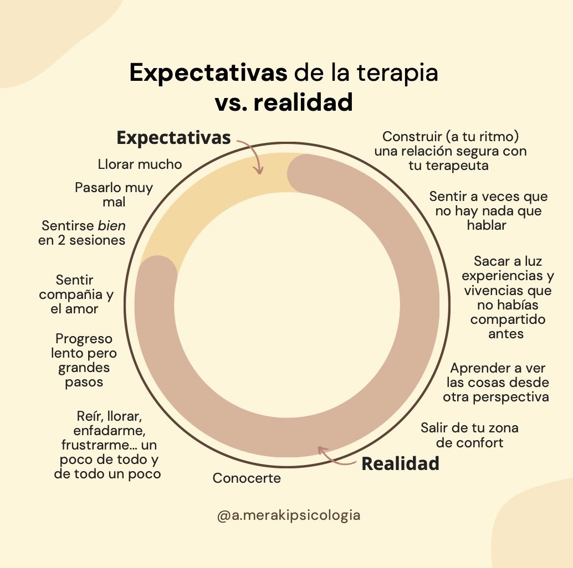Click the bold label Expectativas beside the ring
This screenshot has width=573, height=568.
click(173, 138)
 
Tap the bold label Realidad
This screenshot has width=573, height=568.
click(400, 463)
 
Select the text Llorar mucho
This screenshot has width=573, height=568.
click(140, 164)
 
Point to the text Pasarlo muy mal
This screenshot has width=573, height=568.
click(114, 195)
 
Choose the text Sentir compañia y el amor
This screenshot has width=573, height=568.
click(76, 295)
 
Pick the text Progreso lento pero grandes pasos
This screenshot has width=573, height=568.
click(84, 360)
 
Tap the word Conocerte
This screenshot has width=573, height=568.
click(247, 478)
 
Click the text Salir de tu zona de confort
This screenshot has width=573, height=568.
click(461, 435)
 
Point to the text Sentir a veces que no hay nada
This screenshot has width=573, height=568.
click(488, 211)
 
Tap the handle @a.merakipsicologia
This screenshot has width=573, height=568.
click(289, 515)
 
